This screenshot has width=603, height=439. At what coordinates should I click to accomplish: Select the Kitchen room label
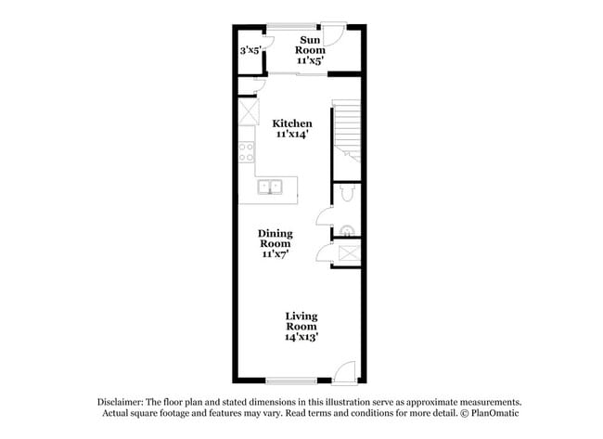click(x=291, y=123)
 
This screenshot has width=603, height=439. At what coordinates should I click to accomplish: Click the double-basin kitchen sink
click(x=269, y=187)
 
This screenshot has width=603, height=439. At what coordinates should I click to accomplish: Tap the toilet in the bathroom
click(x=345, y=192)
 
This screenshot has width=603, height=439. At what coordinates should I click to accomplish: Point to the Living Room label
click(x=301, y=321)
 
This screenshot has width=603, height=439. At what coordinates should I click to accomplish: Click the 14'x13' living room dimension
click(x=301, y=338)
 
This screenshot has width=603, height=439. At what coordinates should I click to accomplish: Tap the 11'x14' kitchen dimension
click(x=291, y=135)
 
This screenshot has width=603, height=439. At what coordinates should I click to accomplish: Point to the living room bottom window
click(x=289, y=381)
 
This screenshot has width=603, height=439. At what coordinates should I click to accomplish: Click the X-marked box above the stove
click(x=248, y=115)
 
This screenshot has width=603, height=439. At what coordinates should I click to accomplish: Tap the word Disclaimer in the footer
click(x=123, y=402)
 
